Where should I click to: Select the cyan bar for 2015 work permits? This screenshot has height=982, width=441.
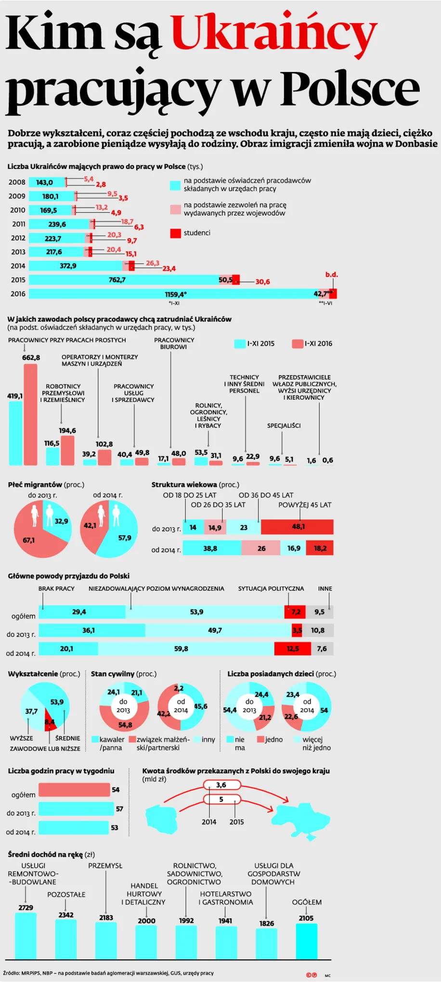[124, 280]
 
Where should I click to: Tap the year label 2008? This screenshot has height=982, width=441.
[17, 182]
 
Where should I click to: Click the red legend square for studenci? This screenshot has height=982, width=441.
[175, 234]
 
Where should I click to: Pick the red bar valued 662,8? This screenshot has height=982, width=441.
[30, 415]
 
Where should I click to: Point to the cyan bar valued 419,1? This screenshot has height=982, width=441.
[15, 433]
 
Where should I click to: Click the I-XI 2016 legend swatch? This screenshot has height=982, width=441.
[297, 344]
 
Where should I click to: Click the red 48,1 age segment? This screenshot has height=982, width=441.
[297, 527]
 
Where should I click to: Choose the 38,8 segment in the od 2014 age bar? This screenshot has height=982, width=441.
[212, 548]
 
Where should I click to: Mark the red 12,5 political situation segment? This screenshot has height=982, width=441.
[292, 649]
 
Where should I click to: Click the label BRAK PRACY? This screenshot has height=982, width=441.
[56, 589]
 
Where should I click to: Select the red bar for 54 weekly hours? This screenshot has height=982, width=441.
[74, 790]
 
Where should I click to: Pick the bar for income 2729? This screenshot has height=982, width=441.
[26, 935]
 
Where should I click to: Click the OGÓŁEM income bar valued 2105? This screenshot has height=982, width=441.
[306, 941]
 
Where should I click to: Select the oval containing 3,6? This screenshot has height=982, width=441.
[221, 785]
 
